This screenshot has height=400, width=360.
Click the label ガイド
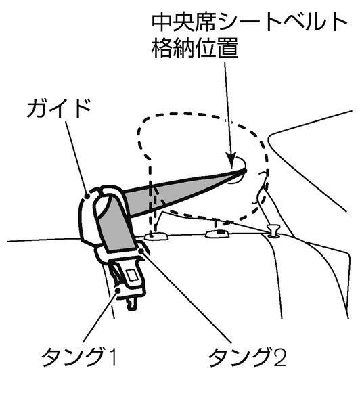59,108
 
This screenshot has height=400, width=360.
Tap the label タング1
79,357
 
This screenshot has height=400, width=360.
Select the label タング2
247,357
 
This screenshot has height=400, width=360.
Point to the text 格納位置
195,48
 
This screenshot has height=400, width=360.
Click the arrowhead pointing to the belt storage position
231,160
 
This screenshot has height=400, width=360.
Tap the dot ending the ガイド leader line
87,196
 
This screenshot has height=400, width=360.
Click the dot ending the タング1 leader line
118,290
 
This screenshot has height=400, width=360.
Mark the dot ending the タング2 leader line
141,252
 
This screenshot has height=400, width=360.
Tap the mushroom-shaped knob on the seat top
273,229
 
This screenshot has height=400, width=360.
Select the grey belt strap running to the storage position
183,193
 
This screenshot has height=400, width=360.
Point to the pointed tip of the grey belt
245,170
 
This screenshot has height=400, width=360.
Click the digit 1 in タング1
112,357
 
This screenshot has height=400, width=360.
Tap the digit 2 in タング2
279,357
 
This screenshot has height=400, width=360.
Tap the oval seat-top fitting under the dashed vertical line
156,236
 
